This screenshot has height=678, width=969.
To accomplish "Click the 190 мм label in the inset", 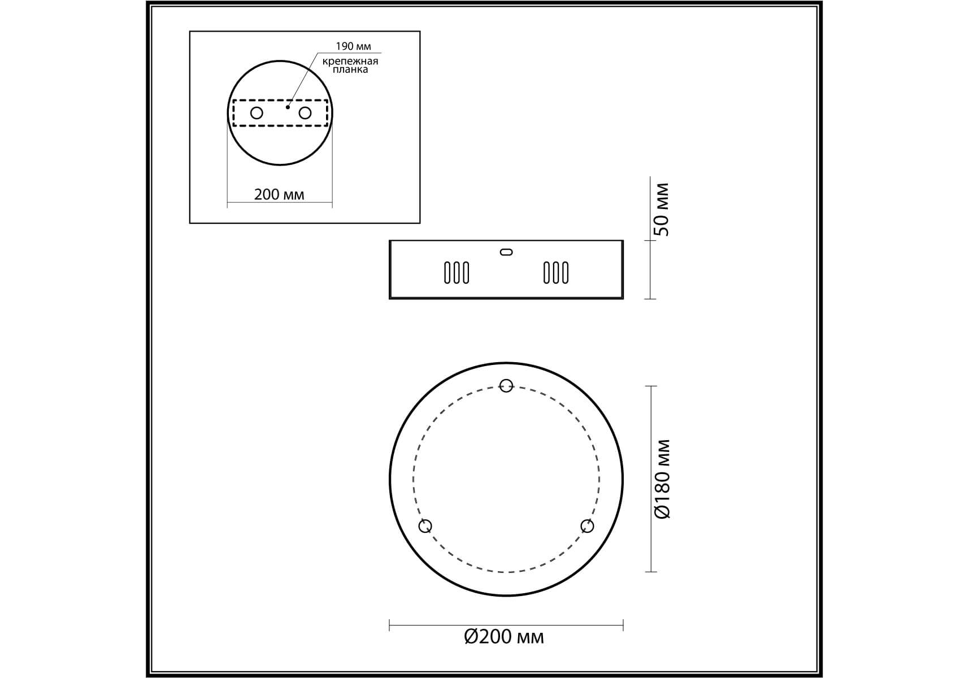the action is [353, 46].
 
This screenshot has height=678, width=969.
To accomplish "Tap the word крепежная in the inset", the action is [350, 61].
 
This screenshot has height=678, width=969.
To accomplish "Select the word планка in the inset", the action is [350, 69].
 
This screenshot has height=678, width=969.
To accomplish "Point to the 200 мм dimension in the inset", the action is [279, 194].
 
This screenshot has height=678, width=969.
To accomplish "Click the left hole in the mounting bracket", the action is [257, 113].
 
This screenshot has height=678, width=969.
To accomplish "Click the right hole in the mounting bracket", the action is [305, 113].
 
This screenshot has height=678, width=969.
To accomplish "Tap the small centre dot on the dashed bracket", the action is [288, 107].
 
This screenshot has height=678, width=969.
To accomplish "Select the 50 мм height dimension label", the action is [662, 210].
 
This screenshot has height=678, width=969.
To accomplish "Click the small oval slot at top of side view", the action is [506, 252].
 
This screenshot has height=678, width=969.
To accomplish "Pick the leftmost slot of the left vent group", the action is [447, 273].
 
